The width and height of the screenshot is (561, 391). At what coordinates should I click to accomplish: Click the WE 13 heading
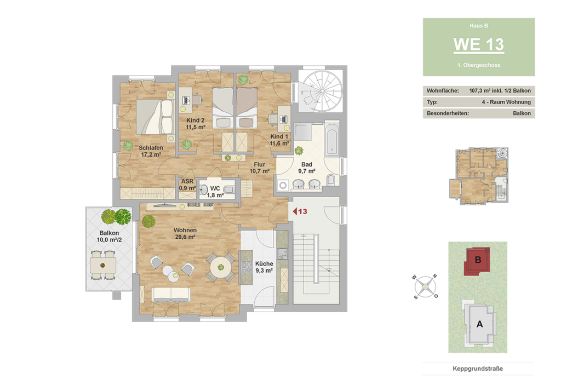pyautogui.click(x=479, y=44)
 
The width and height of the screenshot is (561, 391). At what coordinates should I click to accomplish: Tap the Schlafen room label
pyautogui.click(x=151, y=147)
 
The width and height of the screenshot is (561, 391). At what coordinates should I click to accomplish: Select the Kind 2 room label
pyautogui.click(x=196, y=120)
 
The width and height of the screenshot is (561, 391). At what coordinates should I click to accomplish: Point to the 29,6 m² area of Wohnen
pyautogui.click(x=185, y=237)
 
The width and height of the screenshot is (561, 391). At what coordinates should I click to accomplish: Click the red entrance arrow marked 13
pyautogui.click(x=300, y=211)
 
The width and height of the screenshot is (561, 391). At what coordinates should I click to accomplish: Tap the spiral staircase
pyautogui.click(x=320, y=91)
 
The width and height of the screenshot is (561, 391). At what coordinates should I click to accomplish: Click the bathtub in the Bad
pyautogui.click(x=332, y=139)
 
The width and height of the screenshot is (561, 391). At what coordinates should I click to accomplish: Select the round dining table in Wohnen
pyautogui.click(x=221, y=267)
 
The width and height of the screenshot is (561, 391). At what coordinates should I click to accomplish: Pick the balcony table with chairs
pyautogui.click(x=102, y=265)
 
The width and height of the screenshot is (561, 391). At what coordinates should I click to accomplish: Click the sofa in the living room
pyautogui.click(x=171, y=295)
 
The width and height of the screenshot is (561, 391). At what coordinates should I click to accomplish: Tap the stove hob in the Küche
pyautogui.click(x=247, y=268)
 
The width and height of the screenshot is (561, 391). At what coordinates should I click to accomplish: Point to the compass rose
pyautogui.click(x=425, y=287)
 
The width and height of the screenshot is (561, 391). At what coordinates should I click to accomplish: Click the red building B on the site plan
pyautogui.click(x=477, y=261)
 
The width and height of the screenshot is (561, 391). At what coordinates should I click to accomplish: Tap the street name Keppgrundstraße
pyautogui.click(x=478, y=369)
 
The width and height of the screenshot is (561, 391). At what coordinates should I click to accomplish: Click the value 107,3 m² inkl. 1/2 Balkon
pyautogui.click(x=500, y=91)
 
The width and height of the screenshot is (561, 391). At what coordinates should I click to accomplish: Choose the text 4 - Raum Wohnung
pyautogui.click(x=506, y=102)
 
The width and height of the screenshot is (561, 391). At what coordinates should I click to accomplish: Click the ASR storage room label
pyautogui.click(x=187, y=181)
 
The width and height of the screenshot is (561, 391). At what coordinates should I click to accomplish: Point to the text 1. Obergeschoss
pyautogui.click(x=479, y=65)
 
